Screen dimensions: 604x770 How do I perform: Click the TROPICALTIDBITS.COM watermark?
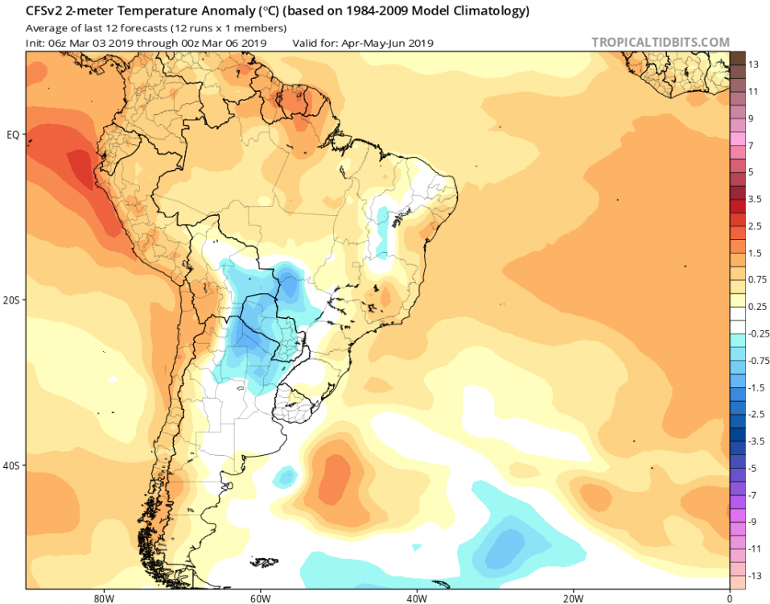click(661, 42)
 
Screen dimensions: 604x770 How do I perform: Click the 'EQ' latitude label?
click(13, 134)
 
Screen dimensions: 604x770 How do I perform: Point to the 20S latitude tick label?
click(12, 300)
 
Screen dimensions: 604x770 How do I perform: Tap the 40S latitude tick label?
click(12, 465)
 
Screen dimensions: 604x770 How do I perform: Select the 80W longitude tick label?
click(101, 598)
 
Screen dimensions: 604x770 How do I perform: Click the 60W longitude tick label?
click(258, 598)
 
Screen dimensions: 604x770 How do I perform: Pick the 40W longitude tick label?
click(415, 598)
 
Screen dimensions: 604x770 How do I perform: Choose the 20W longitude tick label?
click(572, 598)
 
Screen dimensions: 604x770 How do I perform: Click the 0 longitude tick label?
click(729, 598)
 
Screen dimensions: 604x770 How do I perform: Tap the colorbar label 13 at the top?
click(754, 64)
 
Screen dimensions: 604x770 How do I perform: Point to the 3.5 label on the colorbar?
click(756, 198)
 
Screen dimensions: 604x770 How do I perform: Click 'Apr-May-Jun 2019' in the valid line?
click(393, 43)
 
